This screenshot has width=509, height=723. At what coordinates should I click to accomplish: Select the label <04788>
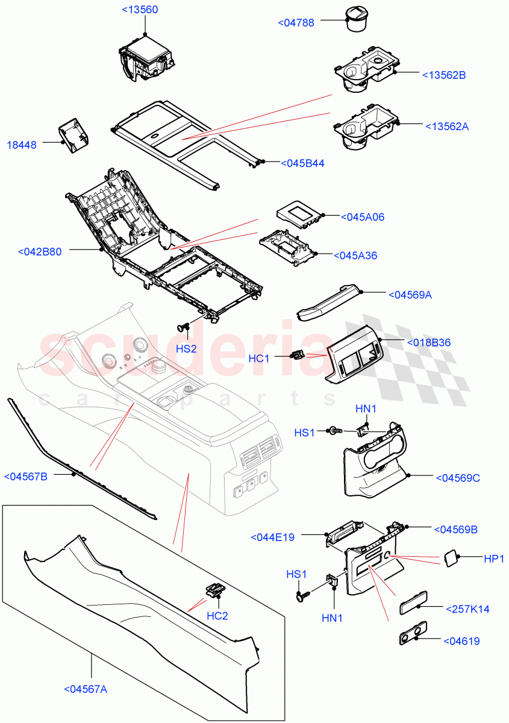tap(297, 23)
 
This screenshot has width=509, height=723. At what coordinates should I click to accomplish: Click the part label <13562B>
tap(444, 75)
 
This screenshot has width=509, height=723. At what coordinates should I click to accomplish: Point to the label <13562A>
tap(446, 127)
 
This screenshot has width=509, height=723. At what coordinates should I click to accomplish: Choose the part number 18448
tap(22, 145)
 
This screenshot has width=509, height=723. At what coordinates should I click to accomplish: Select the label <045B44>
tap(302, 163)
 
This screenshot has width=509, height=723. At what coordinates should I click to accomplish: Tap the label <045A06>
tap(363, 217)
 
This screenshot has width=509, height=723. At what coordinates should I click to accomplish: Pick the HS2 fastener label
tap(186, 349)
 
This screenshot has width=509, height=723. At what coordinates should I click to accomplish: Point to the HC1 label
tap(259, 358)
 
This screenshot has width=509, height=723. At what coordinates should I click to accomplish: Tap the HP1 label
tap(494, 559)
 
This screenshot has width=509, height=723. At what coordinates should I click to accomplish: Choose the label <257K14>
tap(467, 609)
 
